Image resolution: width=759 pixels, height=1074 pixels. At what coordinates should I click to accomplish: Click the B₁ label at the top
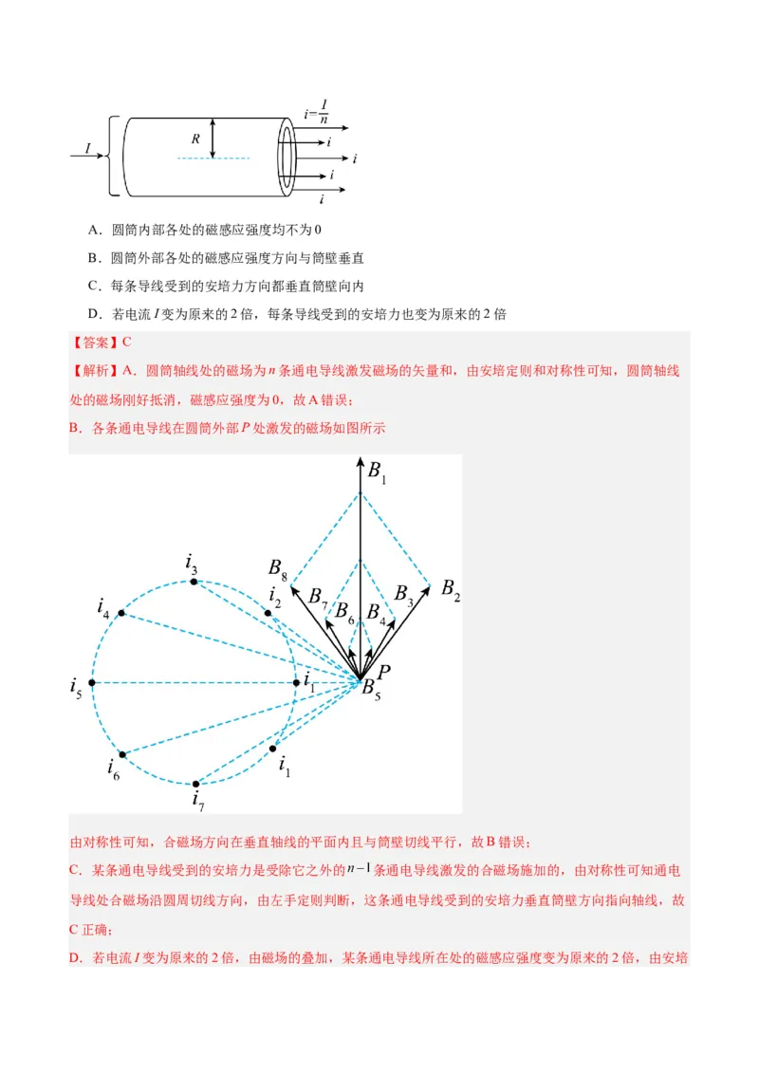(378, 472)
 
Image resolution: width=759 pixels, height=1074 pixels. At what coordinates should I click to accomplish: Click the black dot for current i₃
(194, 582)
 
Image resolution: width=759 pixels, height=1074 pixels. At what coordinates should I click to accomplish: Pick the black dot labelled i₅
(92, 682)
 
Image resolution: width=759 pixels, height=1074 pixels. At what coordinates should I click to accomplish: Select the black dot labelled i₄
(120, 614)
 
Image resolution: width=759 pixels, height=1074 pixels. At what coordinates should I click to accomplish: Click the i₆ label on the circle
(114, 768)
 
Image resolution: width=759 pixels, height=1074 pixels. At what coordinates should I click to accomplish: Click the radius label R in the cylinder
(195, 139)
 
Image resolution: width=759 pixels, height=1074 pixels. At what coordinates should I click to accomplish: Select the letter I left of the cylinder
(88, 149)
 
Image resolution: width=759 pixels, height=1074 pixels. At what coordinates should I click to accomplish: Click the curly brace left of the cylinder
(114, 156)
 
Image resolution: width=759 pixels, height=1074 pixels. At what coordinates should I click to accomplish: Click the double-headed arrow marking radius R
(213, 139)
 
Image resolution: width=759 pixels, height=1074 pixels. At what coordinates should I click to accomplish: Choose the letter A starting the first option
(94, 230)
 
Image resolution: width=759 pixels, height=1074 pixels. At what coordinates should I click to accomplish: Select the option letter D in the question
(94, 314)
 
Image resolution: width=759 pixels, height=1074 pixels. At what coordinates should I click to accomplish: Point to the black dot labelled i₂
(268, 614)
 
